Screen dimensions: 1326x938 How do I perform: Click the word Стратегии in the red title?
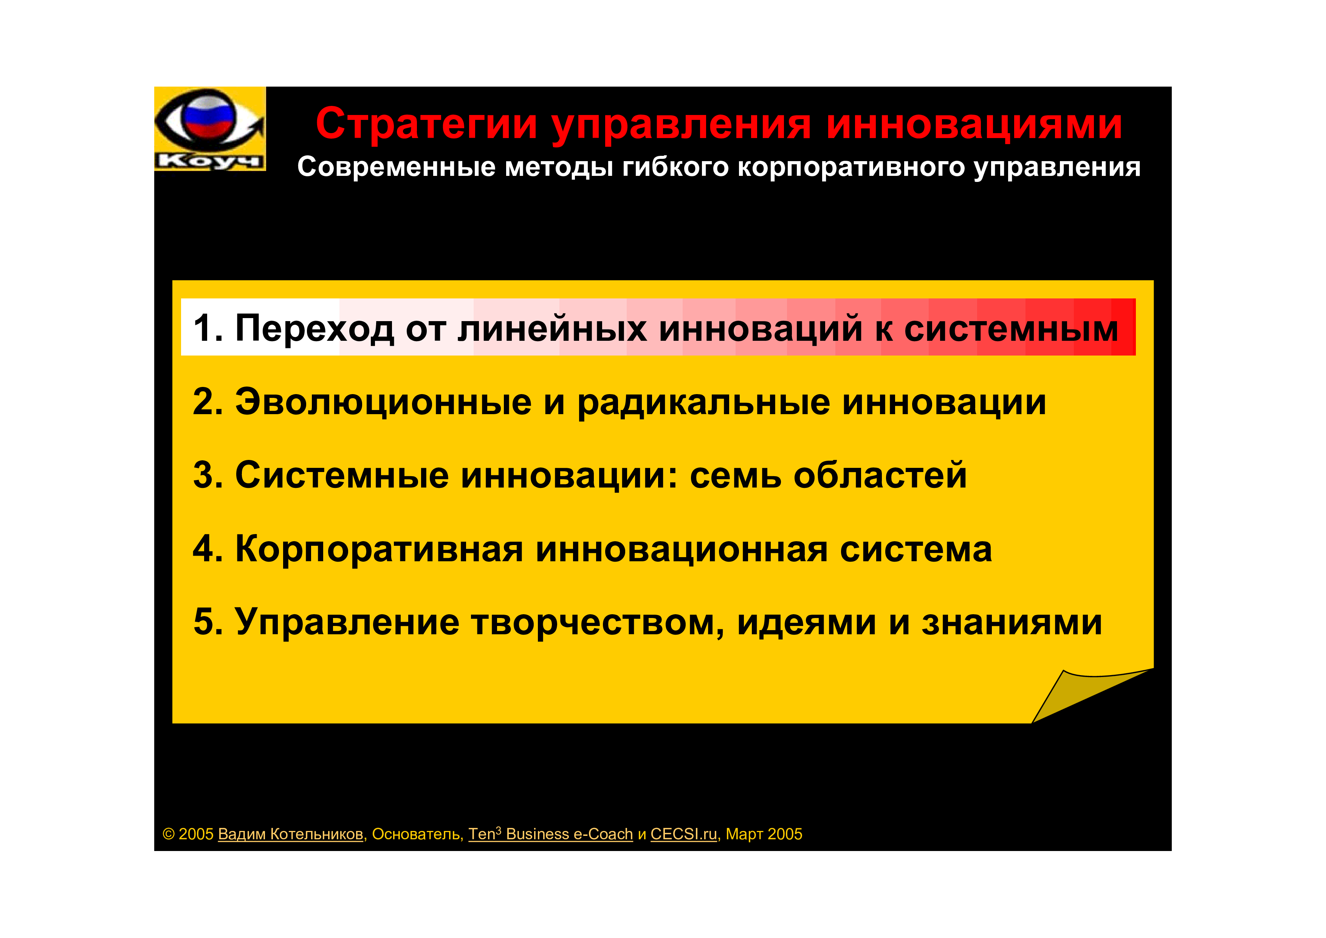(426, 125)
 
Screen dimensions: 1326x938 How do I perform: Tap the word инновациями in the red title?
(974, 125)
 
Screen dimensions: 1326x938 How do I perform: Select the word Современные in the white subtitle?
(396, 167)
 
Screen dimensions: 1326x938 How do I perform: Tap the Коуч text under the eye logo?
(209, 161)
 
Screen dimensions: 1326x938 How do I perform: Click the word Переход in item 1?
(315, 328)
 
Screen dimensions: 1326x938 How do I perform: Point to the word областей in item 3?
(880, 475)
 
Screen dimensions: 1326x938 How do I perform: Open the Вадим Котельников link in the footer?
(291, 834)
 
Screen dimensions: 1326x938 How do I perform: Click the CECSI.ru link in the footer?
(683, 834)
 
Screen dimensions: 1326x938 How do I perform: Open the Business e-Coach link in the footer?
(569, 834)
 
